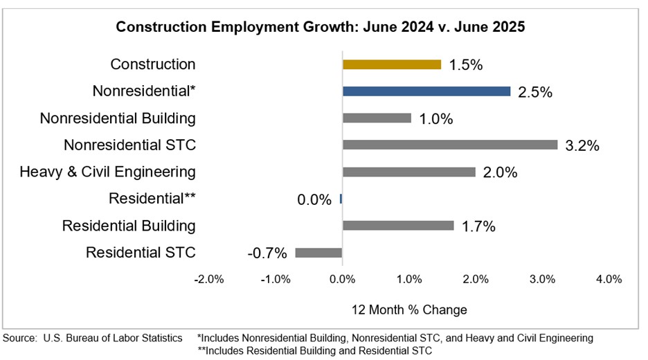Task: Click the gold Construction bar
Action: [x=391, y=64]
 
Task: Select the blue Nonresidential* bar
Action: [x=426, y=91]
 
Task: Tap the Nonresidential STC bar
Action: [x=449, y=145]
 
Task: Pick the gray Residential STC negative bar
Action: [x=318, y=253]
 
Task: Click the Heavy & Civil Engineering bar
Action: [x=408, y=172]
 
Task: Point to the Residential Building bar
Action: [x=398, y=226]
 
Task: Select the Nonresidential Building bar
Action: [x=377, y=118]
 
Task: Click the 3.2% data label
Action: [x=582, y=145]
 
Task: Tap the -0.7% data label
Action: [x=267, y=253]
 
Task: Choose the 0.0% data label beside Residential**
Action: [x=314, y=199]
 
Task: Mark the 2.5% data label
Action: [x=534, y=92]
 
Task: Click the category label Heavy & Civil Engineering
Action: [x=107, y=172]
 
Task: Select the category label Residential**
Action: [x=152, y=199]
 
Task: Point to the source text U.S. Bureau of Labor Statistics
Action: [x=112, y=338]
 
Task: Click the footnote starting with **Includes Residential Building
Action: [x=314, y=350]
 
